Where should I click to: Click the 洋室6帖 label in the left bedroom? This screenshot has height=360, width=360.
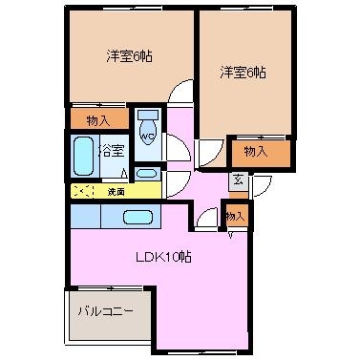pos(129,56)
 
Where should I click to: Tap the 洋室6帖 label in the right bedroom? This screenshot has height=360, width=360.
pos(243,73)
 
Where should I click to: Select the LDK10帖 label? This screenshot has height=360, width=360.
pos(163,257)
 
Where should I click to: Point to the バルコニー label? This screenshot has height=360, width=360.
pos(106,311)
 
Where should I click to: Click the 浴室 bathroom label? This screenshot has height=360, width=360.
pos(111,151)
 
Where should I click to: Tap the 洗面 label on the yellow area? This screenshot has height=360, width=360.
pos(116,192)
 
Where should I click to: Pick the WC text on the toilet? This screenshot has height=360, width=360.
pos(148,137)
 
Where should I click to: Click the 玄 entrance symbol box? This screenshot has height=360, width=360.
pos(239,181)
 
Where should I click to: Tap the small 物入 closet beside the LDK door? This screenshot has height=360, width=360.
pos(236,216)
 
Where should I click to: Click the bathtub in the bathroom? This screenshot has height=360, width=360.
pos(82,157)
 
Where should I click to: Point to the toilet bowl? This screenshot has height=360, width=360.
pos(148,133)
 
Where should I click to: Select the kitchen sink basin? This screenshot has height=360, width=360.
pos(138,218)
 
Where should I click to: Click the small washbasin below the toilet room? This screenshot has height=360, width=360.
pos(146,174)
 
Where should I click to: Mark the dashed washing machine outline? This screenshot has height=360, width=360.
pos(82,191)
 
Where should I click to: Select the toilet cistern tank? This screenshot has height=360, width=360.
pos(148,115)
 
